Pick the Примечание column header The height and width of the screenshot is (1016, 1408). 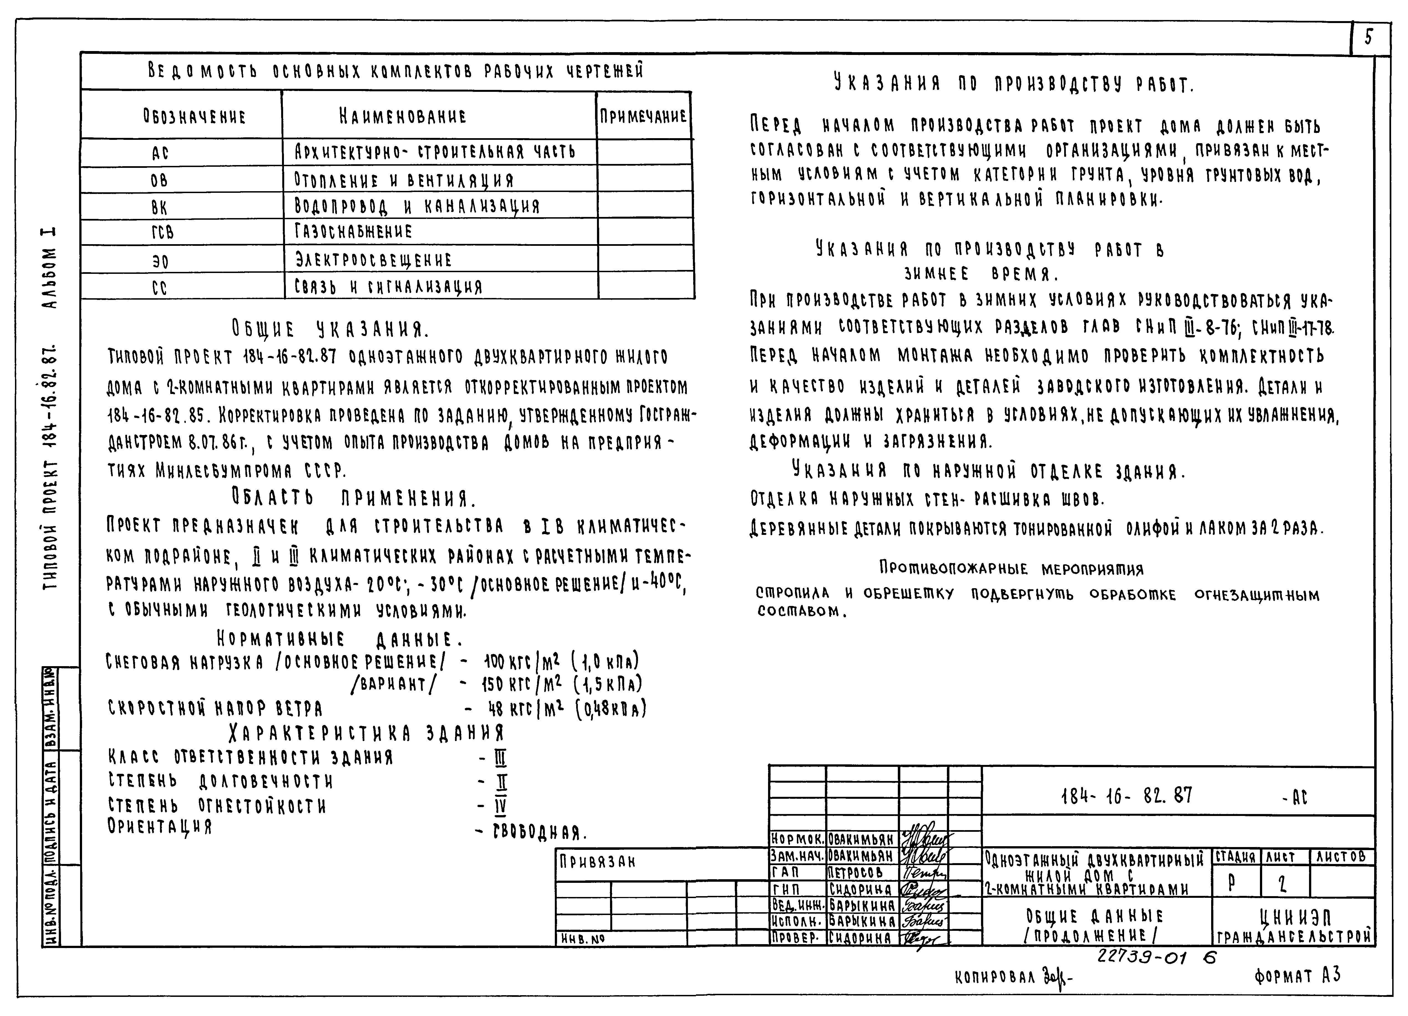click(x=643, y=116)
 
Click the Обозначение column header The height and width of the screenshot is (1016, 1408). click(x=194, y=116)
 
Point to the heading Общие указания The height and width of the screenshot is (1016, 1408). click(x=330, y=328)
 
